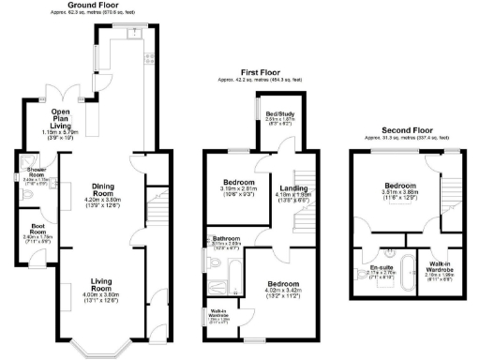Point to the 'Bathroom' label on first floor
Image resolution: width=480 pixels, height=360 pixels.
click(x=228, y=239)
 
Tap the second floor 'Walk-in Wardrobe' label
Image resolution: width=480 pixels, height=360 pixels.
click(x=439, y=267)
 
